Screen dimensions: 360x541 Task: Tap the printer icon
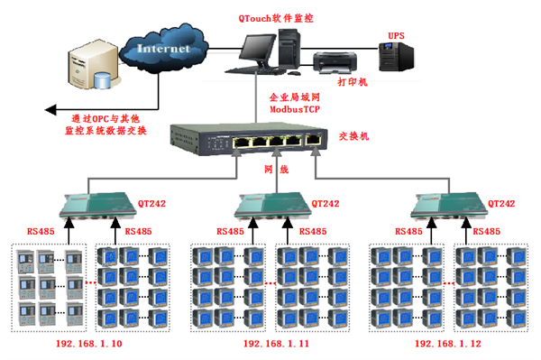(x=333, y=61)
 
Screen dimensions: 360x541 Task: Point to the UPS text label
(x=397, y=35)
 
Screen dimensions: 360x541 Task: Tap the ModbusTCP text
(x=294, y=107)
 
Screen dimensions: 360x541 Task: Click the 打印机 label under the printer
(x=352, y=82)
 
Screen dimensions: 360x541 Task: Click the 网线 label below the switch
(x=276, y=169)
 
